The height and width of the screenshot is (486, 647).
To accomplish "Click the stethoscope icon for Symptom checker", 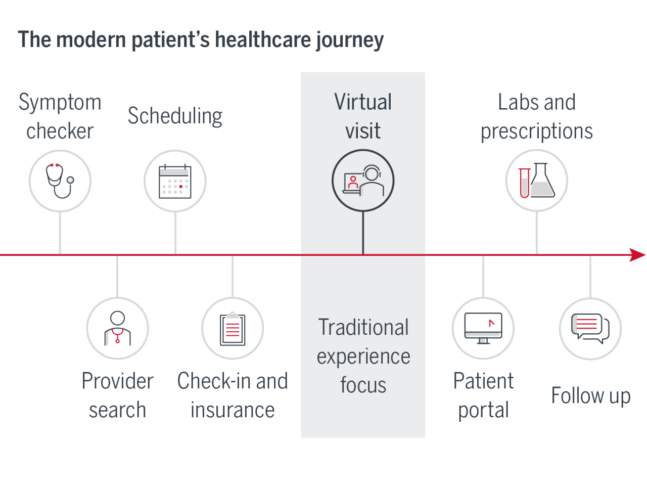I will coord(60,181).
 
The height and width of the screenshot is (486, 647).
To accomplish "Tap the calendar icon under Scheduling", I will coord(175,181).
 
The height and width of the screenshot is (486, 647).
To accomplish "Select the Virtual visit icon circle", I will coord(363,181).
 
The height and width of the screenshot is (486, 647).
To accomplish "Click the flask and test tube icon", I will coord(536,181).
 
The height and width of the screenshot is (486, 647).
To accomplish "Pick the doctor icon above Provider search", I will coord(117,328).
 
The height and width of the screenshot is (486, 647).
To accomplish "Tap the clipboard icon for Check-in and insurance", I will coord(233,328).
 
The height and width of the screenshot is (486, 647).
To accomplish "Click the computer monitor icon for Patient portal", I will coord(483,328).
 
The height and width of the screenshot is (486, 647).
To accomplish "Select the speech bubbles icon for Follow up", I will coord(590,328).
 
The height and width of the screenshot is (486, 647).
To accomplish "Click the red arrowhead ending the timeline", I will coord(637,255).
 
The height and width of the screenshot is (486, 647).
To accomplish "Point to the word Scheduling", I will coord(175,116).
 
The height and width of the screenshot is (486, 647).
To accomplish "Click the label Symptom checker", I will coord(60,116).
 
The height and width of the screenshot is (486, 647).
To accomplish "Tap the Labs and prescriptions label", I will coord(536,116).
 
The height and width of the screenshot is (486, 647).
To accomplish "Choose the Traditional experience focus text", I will coord(363,356).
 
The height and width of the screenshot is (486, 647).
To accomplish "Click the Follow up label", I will coord(590,395).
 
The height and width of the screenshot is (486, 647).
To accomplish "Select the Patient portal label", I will coord(483,395).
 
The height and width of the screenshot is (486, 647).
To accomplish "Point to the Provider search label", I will coord(117,395).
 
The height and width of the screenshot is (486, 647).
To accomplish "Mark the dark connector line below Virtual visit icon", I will coord(363,233).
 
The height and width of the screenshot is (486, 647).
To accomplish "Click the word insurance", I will coord(233,410).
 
